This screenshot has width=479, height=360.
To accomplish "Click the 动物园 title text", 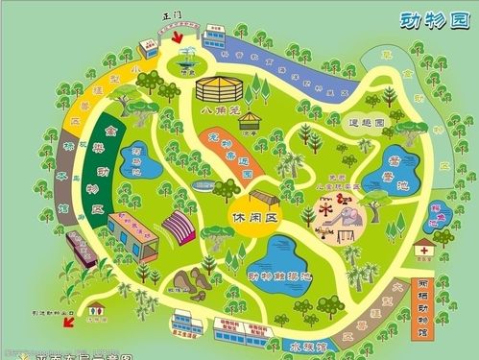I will (426, 19).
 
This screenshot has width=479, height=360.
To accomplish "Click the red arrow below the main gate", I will (178, 35).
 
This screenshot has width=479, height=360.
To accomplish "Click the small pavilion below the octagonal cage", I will (251, 122).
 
